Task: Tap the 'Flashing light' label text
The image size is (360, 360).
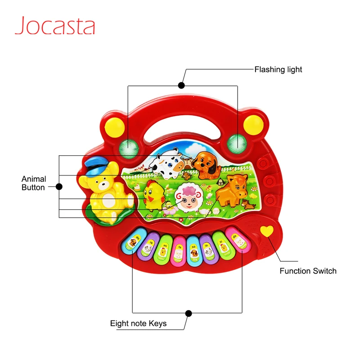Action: [278, 69]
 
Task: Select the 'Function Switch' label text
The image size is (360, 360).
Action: [308, 271]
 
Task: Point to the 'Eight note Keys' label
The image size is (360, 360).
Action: [138, 324]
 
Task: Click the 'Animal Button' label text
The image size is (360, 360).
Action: [34, 183]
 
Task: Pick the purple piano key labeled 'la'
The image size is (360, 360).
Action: [209, 251]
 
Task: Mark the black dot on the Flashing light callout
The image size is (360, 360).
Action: [181, 85]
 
